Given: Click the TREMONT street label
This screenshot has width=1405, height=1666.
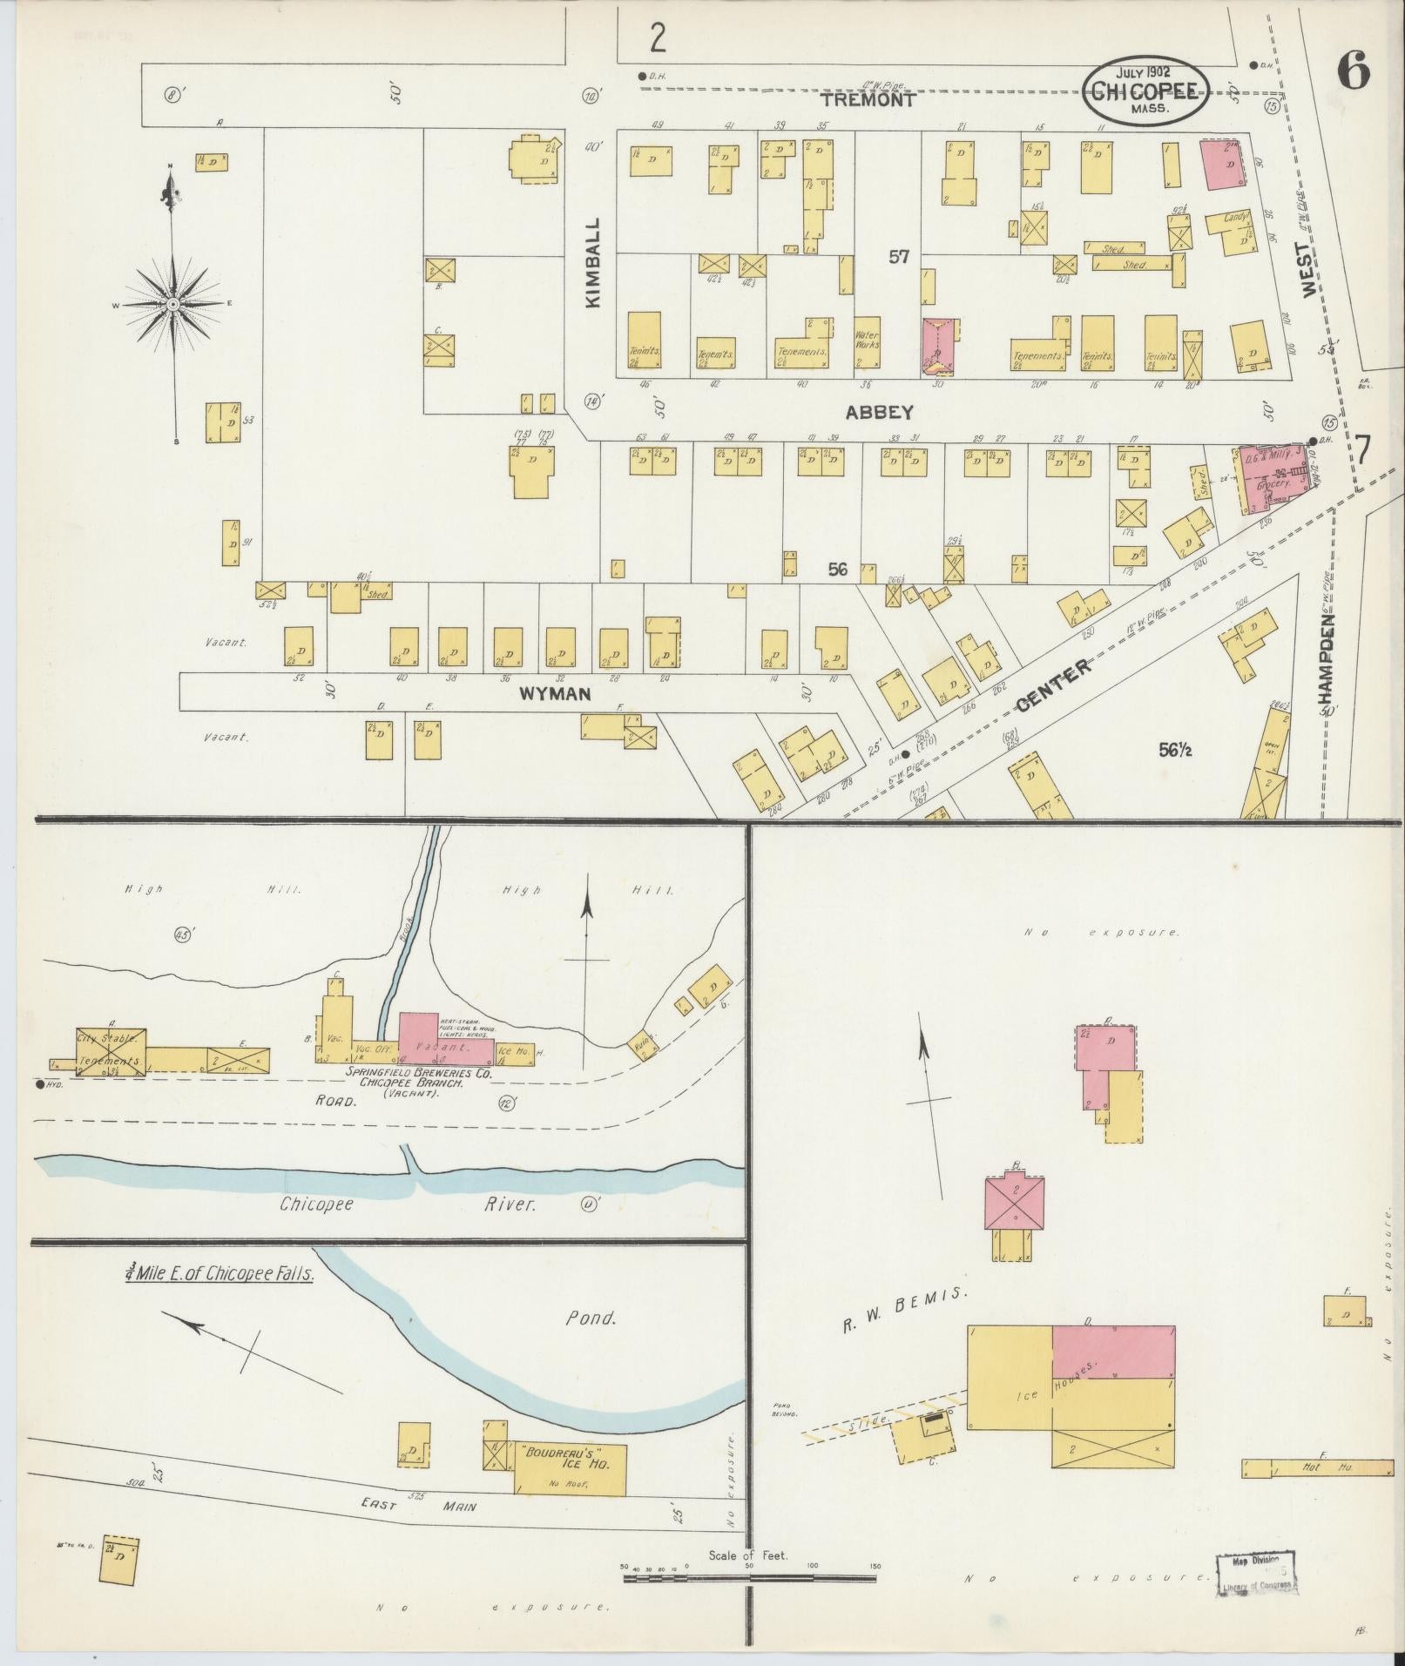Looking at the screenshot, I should [868, 100].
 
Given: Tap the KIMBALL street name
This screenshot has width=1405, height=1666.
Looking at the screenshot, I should [594, 262].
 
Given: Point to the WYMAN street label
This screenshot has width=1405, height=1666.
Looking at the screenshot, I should [556, 694].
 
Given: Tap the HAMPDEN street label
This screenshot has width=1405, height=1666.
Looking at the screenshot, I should [1327, 657].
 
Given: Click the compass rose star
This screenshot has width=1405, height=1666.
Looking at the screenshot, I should [172, 304].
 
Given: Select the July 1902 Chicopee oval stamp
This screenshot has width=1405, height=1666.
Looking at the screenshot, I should [1145, 92].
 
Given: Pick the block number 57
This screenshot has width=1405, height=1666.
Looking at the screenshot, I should [899, 257].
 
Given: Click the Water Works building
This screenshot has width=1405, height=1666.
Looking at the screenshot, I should [868, 347].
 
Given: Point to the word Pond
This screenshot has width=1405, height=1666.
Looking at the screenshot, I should [591, 1318].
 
